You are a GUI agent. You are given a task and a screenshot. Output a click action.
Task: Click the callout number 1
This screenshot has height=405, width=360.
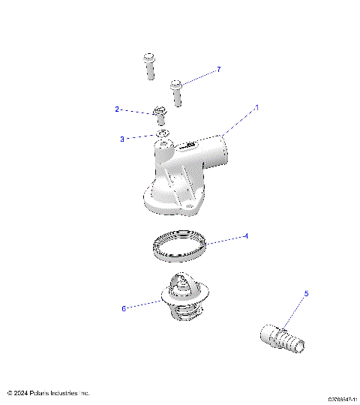(x=256, y=107)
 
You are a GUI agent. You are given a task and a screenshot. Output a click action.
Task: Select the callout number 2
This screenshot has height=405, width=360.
(x=117, y=109)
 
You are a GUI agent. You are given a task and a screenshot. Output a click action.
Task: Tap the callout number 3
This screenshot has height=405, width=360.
(x=122, y=139)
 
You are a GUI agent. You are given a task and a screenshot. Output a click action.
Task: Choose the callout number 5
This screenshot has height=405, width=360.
(x=306, y=294)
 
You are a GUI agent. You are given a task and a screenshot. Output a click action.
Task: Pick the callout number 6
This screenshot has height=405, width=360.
(x=124, y=307)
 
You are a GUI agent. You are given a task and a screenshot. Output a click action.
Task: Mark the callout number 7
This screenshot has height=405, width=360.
(x=218, y=70)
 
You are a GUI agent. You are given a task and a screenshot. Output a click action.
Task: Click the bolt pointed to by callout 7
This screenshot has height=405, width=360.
(x=177, y=92)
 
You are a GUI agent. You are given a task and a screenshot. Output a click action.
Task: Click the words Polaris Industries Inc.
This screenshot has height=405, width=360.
(x=60, y=393)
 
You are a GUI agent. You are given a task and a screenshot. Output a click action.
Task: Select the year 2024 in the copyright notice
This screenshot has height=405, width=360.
(x=21, y=393)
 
